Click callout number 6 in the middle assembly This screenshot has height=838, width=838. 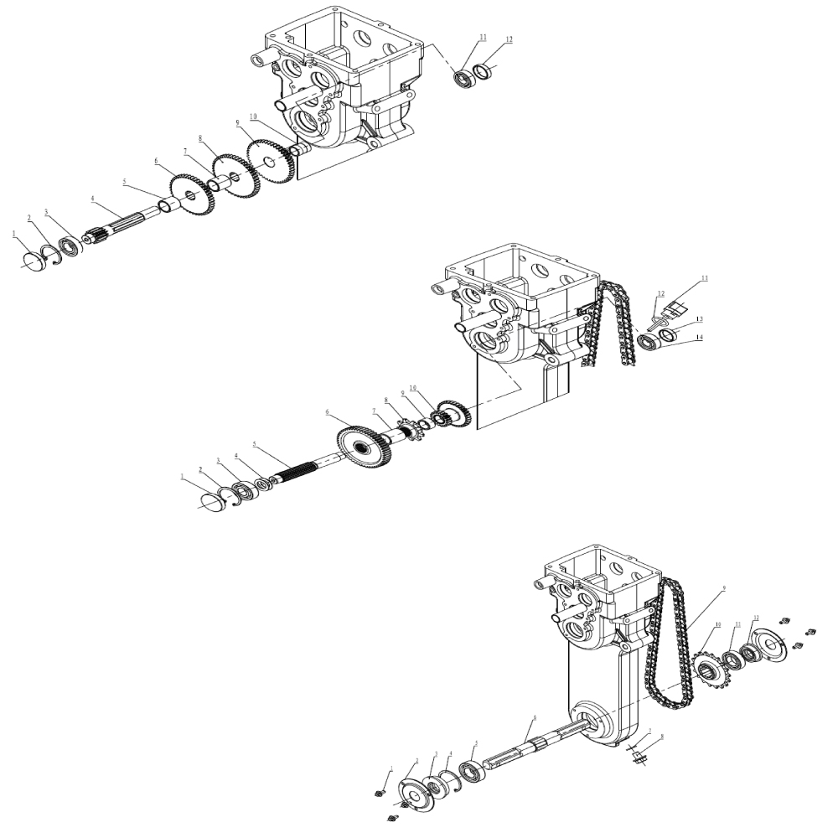click(x=328, y=413)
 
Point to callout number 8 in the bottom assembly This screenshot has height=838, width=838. click(x=661, y=738)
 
